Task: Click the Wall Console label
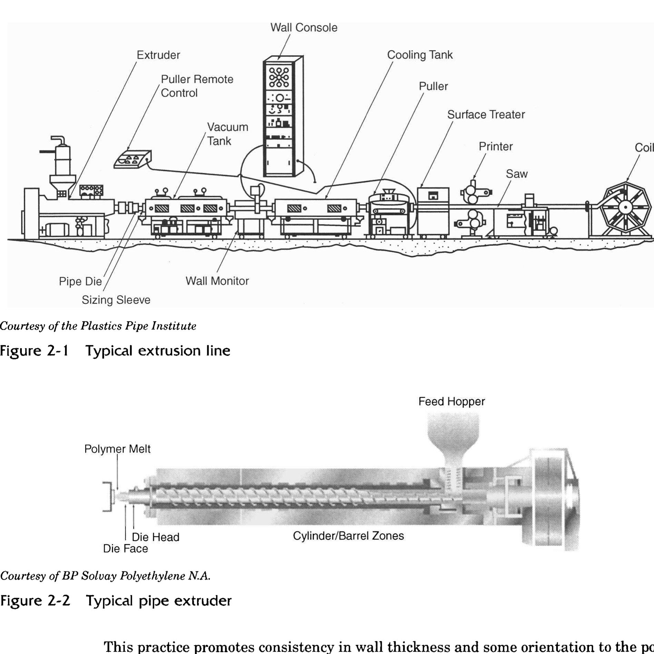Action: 303,28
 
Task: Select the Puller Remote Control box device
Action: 132,160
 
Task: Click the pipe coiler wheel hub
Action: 625,207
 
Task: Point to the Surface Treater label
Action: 486,115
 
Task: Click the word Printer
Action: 495,147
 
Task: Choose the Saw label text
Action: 516,174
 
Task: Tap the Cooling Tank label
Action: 419,55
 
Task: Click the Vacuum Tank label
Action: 227,134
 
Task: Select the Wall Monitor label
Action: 217,281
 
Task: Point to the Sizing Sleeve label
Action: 116,300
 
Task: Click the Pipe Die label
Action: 80,281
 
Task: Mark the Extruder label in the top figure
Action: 158,55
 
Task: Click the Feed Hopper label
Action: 451,402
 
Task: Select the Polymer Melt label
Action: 117,449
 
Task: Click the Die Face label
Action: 125,549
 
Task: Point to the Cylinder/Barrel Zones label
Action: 348,536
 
